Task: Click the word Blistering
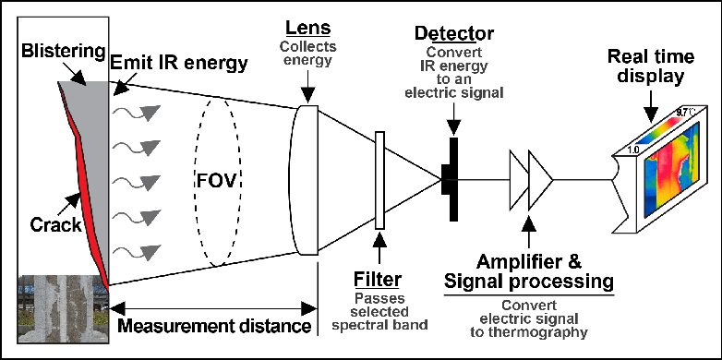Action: click(63, 51)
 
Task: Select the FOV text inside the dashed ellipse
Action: click(216, 182)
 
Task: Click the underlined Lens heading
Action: click(308, 28)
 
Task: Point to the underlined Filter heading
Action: click(378, 279)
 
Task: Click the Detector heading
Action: click(454, 33)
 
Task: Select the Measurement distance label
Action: click(214, 326)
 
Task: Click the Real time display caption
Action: click(651, 66)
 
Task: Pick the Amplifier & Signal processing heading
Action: click(530, 270)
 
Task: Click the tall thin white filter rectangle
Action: click(379, 180)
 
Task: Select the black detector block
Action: click(451, 179)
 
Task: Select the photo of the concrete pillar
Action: click(64, 308)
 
